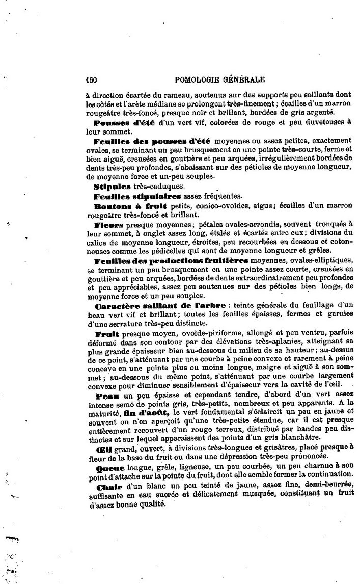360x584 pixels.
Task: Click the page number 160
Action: pyautogui.click(x=92, y=79)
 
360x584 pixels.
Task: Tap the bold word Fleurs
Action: pyautogui.click(x=109, y=224)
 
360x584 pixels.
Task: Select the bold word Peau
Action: pyautogui.click(x=105, y=395)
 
